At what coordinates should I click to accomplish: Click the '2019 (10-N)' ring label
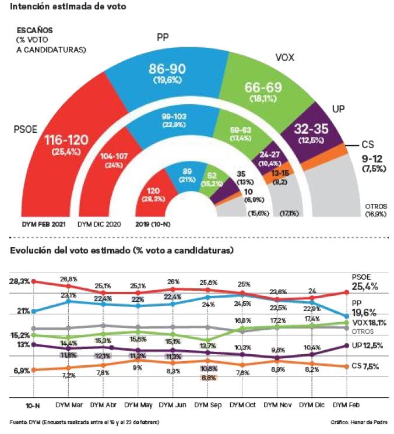pos(153,223)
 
